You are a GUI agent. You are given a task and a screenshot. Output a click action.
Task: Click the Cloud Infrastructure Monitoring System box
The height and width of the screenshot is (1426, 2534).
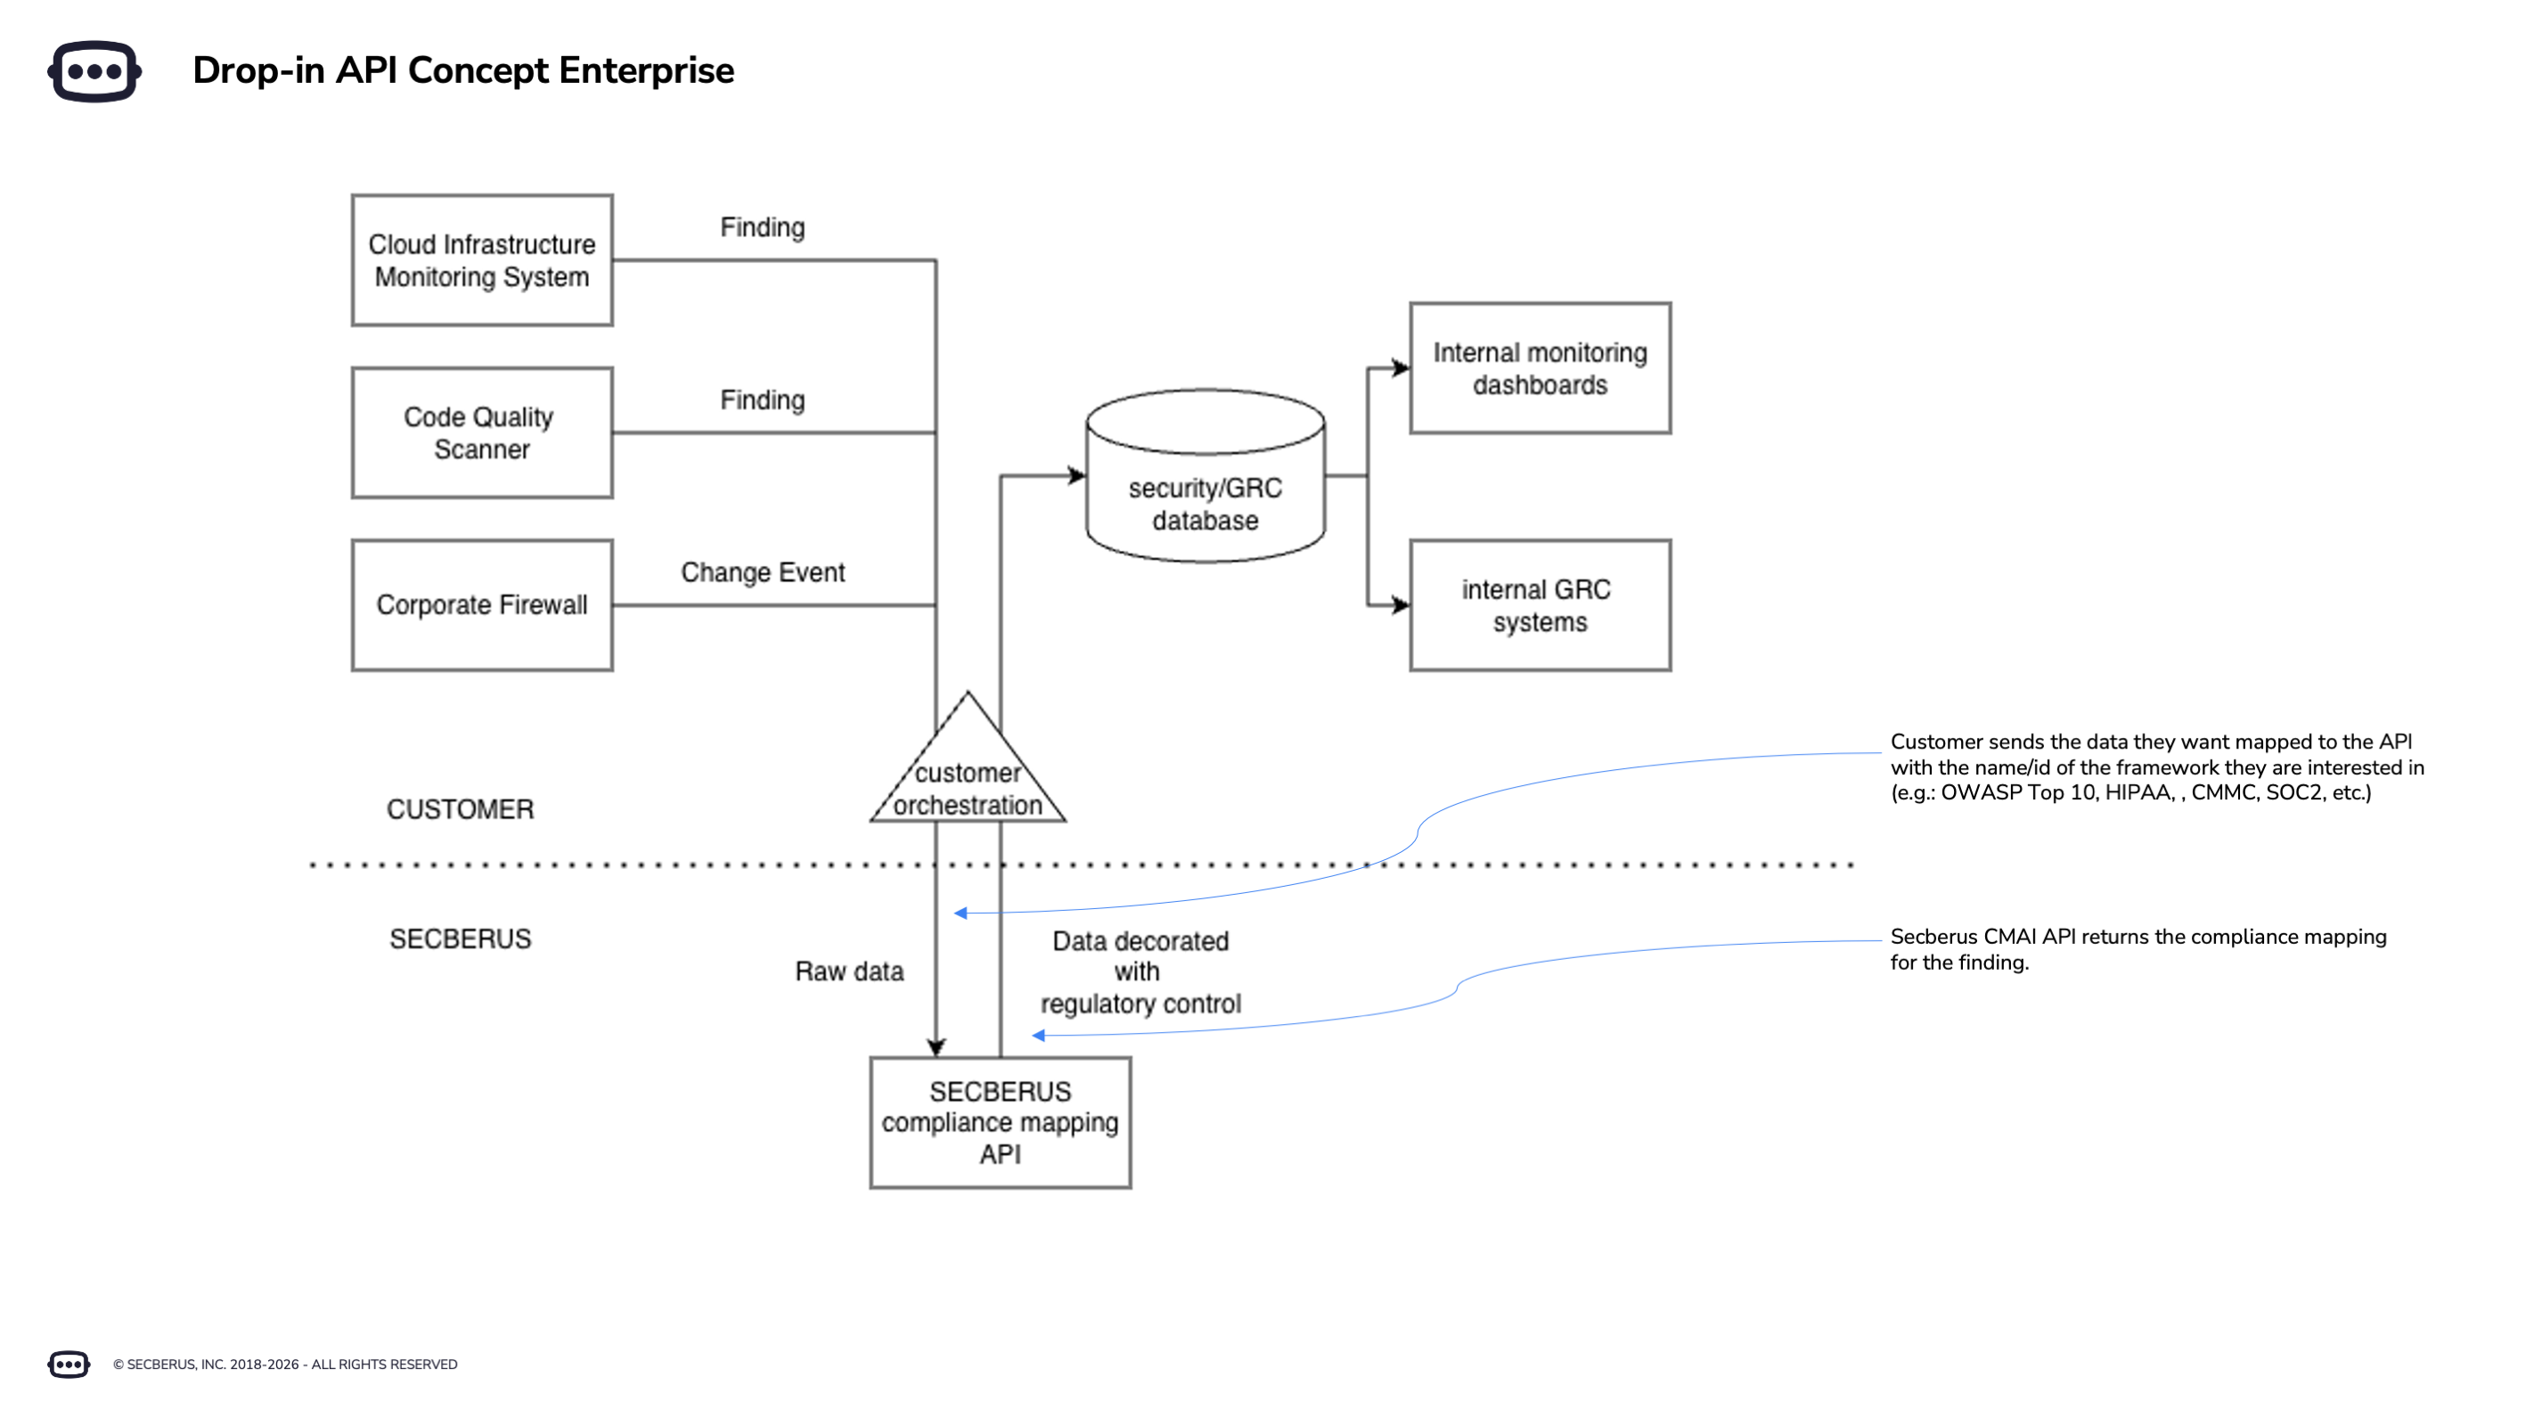click(x=481, y=260)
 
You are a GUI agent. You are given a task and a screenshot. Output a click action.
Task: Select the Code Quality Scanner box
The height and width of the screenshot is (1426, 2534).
click(x=481, y=433)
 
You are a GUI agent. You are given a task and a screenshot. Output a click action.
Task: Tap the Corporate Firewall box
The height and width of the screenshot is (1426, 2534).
click(x=481, y=605)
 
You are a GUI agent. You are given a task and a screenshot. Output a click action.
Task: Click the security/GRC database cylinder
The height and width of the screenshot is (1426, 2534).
click(x=1205, y=492)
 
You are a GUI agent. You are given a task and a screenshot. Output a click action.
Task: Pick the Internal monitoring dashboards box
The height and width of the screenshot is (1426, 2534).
click(x=1540, y=368)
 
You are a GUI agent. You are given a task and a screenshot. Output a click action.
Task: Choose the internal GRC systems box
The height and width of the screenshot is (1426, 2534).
click(x=1540, y=605)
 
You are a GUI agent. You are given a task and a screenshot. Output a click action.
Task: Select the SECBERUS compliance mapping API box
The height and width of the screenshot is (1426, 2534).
click(x=1000, y=1123)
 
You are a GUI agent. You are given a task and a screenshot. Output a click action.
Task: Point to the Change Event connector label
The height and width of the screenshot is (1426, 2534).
click(x=763, y=573)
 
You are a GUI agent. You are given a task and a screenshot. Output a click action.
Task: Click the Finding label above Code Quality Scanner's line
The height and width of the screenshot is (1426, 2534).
click(x=763, y=400)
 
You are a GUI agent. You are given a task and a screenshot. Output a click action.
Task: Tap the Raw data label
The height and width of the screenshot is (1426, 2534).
click(x=849, y=971)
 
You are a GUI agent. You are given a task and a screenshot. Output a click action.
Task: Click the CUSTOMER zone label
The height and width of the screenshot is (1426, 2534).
click(x=460, y=809)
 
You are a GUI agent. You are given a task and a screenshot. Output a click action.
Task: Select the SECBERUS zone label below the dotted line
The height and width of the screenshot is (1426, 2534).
click(x=460, y=938)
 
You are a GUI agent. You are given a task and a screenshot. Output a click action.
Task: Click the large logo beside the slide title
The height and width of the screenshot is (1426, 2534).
click(x=94, y=71)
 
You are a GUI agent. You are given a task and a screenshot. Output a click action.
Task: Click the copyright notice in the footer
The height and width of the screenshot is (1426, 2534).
click(x=284, y=1364)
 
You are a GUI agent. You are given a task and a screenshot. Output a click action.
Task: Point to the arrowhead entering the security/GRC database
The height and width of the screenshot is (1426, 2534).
click(x=1078, y=476)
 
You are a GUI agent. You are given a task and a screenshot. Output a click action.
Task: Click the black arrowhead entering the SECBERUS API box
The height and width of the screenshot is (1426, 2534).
click(x=936, y=1047)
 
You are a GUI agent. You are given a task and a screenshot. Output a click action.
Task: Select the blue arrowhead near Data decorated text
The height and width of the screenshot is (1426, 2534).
click(x=1038, y=1036)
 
